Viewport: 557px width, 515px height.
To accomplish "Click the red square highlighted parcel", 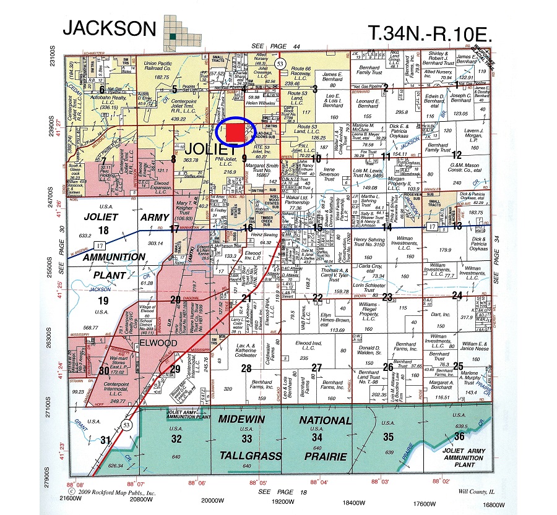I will [x=234, y=132].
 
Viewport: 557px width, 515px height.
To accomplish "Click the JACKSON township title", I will [x=109, y=27].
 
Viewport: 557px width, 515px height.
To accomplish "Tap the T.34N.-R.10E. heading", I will [x=430, y=33].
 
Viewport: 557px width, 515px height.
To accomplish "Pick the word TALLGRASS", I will [x=246, y=454].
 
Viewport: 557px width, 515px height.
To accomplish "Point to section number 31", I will [x=106, y=440].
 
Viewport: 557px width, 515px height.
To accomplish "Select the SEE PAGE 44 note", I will [x=276, y=46].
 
